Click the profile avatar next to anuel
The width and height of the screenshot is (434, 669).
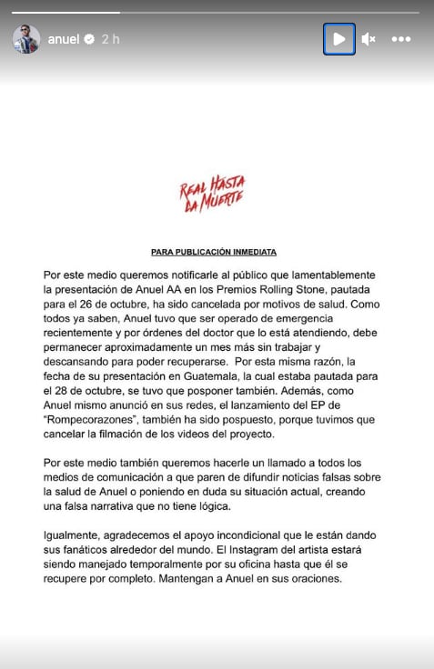tap(25, 39)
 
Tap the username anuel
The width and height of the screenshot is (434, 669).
tap(64, 40)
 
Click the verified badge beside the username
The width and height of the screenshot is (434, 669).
tap(89, 40)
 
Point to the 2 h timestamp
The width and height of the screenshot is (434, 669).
tap(111, 40)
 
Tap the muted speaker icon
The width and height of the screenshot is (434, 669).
tap(368, 39)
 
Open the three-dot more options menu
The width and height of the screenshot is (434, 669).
tap(400, 39)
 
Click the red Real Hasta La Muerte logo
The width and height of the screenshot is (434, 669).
tap(213, 195)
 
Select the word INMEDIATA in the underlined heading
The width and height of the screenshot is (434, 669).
tap(254, 251)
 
